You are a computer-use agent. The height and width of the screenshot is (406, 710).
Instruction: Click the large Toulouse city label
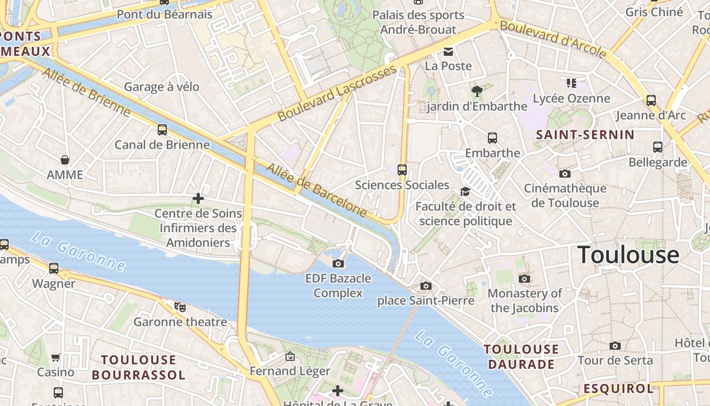(x=628, y=255)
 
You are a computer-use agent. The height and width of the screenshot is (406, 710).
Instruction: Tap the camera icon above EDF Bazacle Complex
(x=338, y=263)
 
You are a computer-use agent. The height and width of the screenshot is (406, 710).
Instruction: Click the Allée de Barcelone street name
(x=316, y=190)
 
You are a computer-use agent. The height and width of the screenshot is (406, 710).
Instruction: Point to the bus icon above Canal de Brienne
(x=162, y=130)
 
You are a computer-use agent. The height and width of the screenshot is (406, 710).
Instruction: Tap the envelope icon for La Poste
(x=448, y=51)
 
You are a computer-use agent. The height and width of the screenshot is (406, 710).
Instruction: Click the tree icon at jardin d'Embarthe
(x=477, y=91)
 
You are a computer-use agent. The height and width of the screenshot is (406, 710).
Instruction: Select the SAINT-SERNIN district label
(x=585, y=134)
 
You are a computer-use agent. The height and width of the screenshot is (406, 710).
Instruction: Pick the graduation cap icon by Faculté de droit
(x=465, y=191)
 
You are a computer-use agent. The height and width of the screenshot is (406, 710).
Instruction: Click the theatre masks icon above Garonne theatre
(x=180, y=307)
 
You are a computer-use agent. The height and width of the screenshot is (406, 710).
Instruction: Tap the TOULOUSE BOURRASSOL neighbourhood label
(x=138, y=367)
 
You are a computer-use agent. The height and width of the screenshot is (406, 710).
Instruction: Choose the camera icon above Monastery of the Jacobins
(x=525, y=279)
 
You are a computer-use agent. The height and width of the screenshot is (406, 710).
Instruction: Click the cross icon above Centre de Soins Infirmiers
(x=198, y=198)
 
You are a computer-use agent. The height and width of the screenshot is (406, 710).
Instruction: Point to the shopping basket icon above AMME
(x=65, y=160)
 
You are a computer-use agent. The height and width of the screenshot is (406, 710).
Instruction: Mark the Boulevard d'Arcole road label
(x=553, y=39)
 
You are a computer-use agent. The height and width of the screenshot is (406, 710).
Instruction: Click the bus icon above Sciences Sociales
(x=402, y=170)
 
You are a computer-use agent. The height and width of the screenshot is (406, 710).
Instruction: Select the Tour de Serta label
(x=615, y=360)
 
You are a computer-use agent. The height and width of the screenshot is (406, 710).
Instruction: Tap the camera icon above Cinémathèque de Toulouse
(x=565, y=174)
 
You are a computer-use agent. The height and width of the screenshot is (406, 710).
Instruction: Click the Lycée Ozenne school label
(x=572, y=98)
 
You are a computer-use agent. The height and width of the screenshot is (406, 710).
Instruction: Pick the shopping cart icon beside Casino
(x=56, y=357)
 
